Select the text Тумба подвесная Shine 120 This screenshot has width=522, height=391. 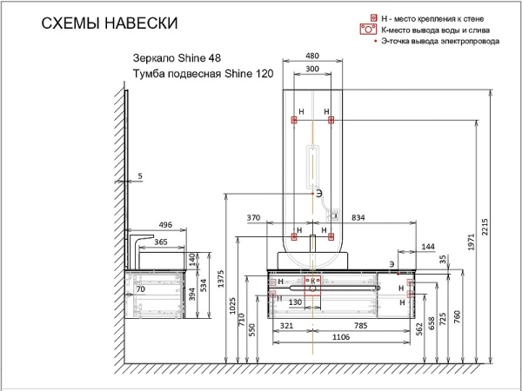(x=197, y=76)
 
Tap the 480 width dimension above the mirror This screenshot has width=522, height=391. (x=311, y=57)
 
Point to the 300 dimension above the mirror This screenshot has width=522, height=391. (x=311, y=70)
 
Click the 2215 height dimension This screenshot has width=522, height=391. (x=493, y=240)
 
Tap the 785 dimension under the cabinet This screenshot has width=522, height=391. (x=362, y=327)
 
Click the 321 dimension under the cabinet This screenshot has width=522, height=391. (x=284, y=327)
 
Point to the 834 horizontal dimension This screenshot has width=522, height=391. (x=358, y=217)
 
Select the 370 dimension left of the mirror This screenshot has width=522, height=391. (x=254, y=217)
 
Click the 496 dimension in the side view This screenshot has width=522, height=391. (x=165, y=224)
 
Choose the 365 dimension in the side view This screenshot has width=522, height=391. (x=162, y=243)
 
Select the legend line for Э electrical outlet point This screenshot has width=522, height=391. (x=440, y=41)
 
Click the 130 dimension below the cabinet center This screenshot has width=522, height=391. (x=296, y=302)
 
